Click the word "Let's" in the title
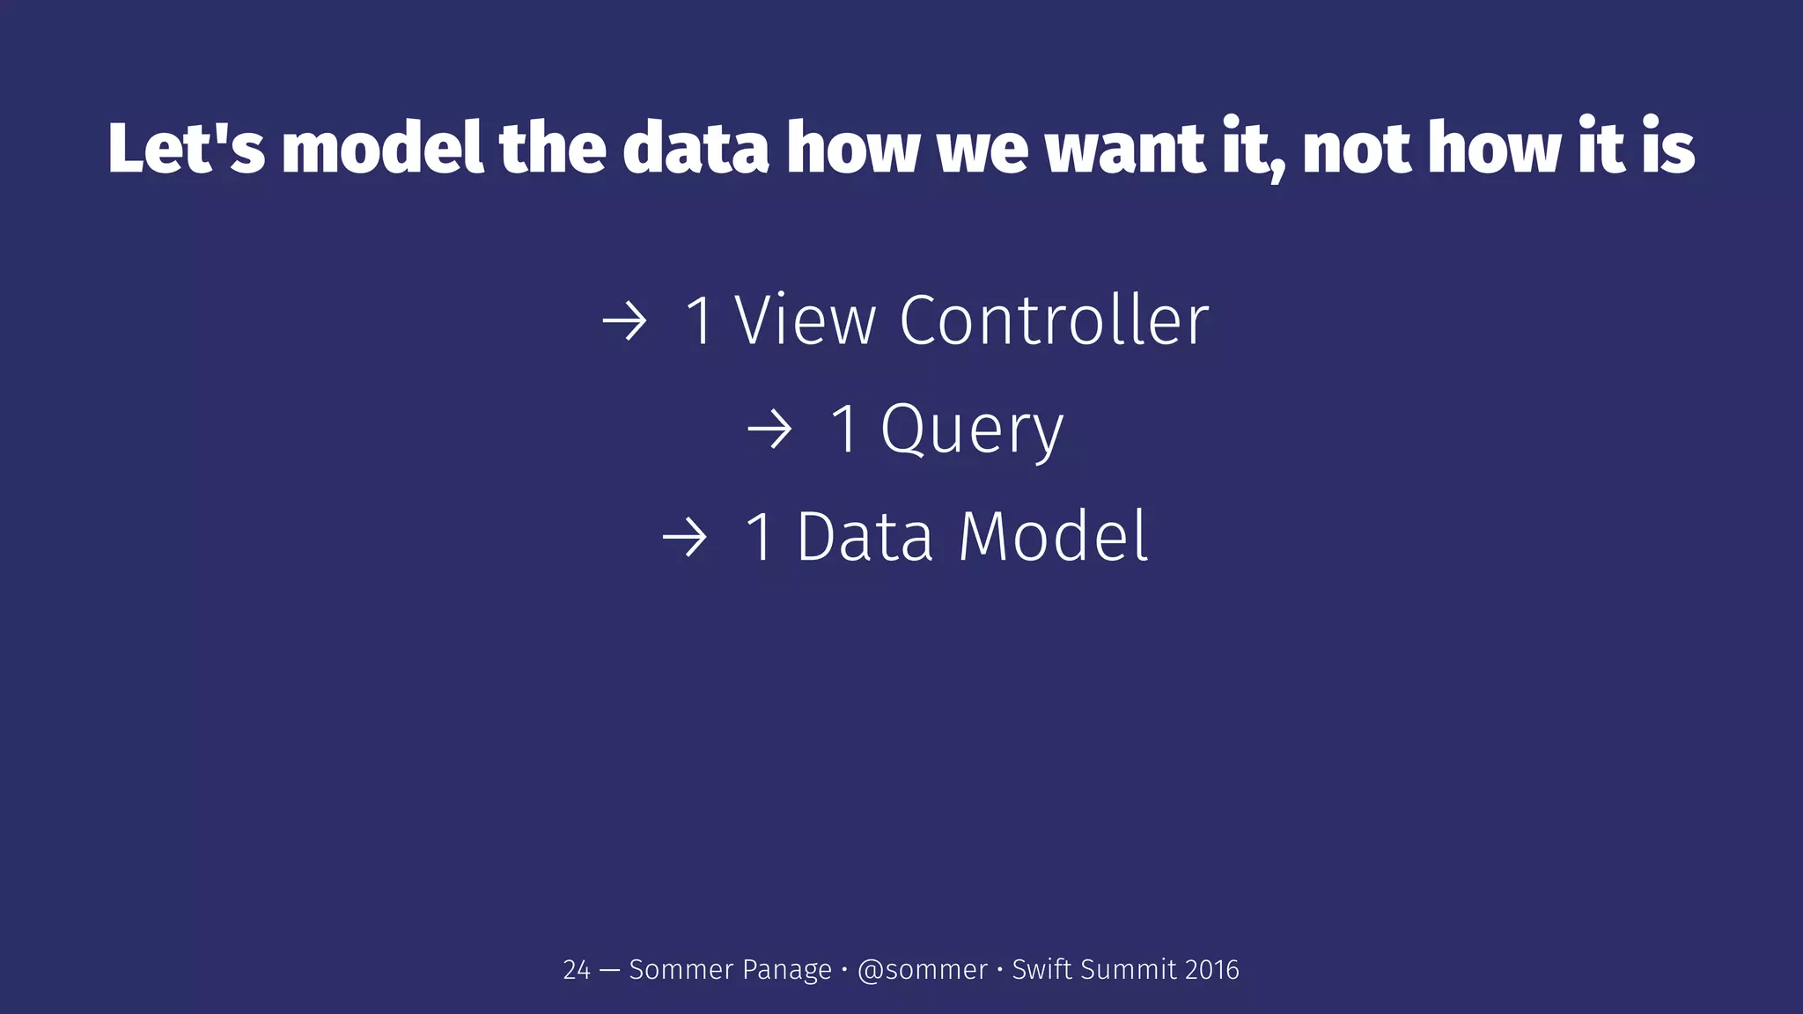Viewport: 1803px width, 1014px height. [186, 148]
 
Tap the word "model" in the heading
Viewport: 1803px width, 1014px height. [383, 148]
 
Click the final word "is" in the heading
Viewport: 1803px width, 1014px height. [1668, 148]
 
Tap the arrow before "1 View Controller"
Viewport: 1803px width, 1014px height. [625, 321]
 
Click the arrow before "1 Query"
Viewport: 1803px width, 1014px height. [769, 430]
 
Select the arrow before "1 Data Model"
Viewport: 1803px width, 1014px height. [685, 538]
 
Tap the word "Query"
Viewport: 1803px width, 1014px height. [972, 430]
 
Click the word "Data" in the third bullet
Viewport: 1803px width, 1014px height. [865, 536]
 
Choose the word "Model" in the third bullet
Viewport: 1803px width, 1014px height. [1053, 536]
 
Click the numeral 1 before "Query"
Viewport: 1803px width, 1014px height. [846, 429]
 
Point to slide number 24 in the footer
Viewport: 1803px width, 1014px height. [577, 970]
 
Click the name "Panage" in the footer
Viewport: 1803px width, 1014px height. [787, 970]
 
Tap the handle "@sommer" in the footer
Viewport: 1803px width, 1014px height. [922, 970]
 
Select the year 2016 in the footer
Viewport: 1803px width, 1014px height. [1211, 970]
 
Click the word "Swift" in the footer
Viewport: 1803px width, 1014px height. [1041, 970]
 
